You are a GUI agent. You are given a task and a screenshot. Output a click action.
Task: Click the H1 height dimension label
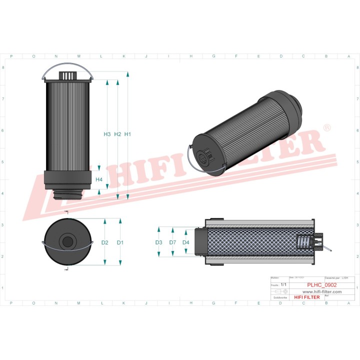127,134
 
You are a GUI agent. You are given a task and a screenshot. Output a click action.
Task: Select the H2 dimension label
117,134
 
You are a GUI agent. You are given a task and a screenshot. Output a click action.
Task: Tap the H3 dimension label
107,134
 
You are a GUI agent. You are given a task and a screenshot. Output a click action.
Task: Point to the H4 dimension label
99,179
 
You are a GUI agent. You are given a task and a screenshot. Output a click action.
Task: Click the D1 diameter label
120,242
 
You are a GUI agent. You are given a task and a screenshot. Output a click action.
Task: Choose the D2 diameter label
104,242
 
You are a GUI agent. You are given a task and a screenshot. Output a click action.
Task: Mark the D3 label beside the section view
158,242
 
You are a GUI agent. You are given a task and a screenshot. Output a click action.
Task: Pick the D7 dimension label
172,242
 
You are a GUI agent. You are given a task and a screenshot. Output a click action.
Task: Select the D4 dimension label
186,242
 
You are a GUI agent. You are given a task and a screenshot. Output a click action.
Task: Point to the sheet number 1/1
283,284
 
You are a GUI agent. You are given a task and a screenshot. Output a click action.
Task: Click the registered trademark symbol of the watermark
327,128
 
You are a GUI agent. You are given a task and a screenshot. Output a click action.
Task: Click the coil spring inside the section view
303,242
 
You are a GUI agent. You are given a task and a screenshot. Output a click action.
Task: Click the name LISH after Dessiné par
345,277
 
